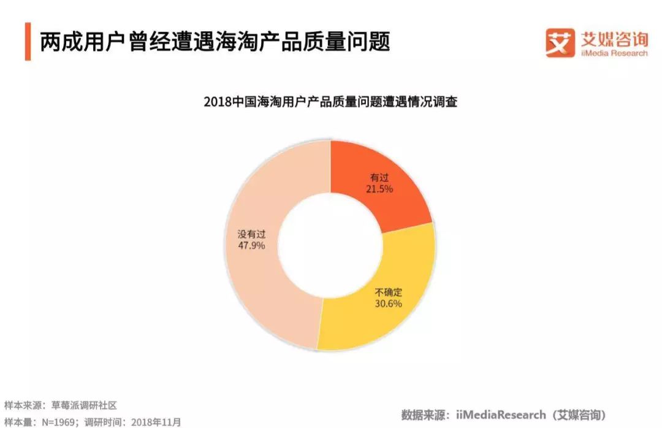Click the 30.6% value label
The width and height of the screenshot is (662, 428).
(388, 303)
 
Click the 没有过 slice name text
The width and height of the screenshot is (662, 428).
(251, 234)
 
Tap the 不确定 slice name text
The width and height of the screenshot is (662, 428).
(388, 291)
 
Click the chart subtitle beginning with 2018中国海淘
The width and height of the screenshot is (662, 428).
(330, 102)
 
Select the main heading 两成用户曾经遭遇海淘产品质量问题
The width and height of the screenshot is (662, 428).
(215, 42)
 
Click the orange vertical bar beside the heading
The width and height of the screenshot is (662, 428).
(28, 42)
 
